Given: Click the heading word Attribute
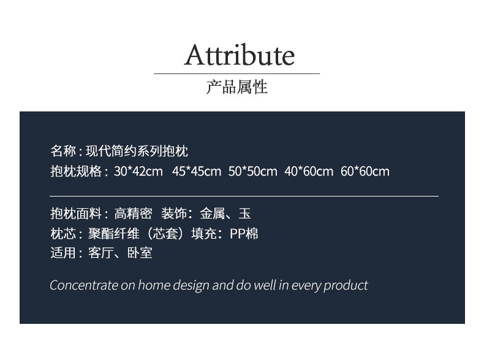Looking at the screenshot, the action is point(239,55).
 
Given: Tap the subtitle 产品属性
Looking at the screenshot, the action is point(236,87).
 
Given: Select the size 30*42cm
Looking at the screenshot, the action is point(138,171).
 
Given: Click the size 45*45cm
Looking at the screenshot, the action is point(197,171).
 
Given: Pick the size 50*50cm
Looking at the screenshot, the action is point(253,171).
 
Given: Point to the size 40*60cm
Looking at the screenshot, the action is point(309,171).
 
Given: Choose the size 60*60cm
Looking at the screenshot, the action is point(365,171).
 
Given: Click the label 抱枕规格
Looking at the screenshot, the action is point(76,171).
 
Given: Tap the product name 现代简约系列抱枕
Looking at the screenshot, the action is point(137,151).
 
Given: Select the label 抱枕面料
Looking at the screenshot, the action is point(76,213).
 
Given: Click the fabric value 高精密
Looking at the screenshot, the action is point(133,213).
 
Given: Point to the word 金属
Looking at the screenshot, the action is point(213,213).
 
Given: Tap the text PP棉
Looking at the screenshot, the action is point(244,233).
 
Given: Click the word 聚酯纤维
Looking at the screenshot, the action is point(114,233).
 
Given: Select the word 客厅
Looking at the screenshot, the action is point(101,253).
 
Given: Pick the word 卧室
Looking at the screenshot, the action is point(140,253).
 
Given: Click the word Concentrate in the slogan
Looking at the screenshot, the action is point(84,285).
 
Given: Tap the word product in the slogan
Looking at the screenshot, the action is point(346,286).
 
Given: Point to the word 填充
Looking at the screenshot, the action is point(204,233).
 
